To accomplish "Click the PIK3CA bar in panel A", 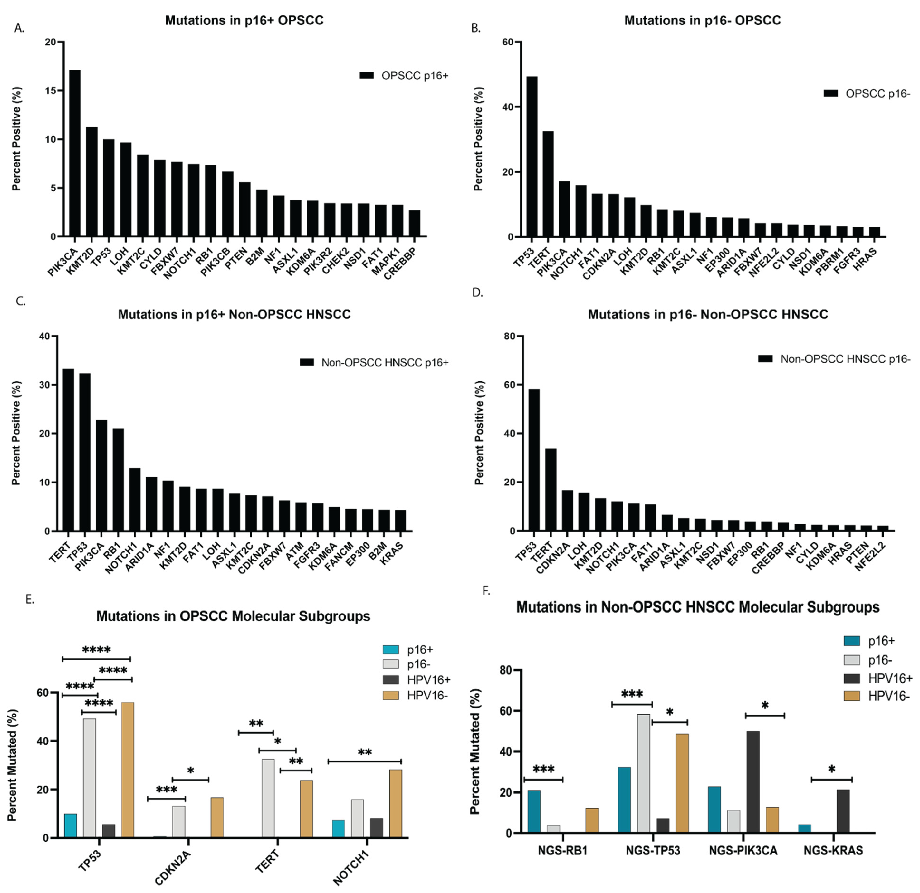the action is pyautogui.click(x=75, y=153).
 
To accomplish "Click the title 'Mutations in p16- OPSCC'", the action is pyautogui.click(x=703, y=21).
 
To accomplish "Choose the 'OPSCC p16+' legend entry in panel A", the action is pyautogui.click(x=404, y=76).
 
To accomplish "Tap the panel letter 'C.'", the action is pyautogui.click(x=21, y=302).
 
